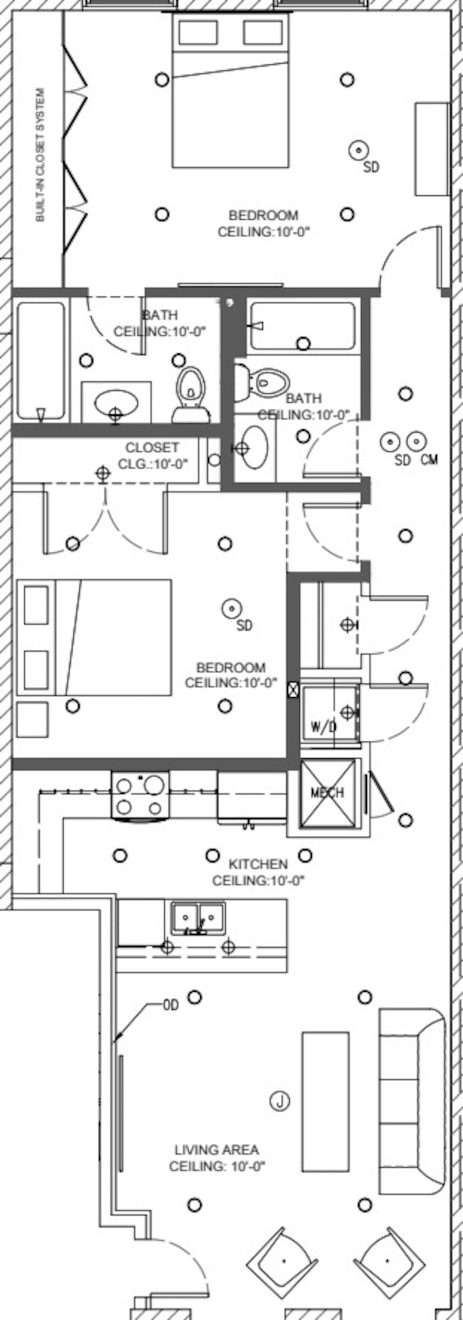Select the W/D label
pyautogui.click(x=323, y=727)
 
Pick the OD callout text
pyautogui.click(x=171, y=1006)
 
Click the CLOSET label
pyautogui.click(x=152, y=447)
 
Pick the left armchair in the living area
pyautogui.click(x=283, y=1261)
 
